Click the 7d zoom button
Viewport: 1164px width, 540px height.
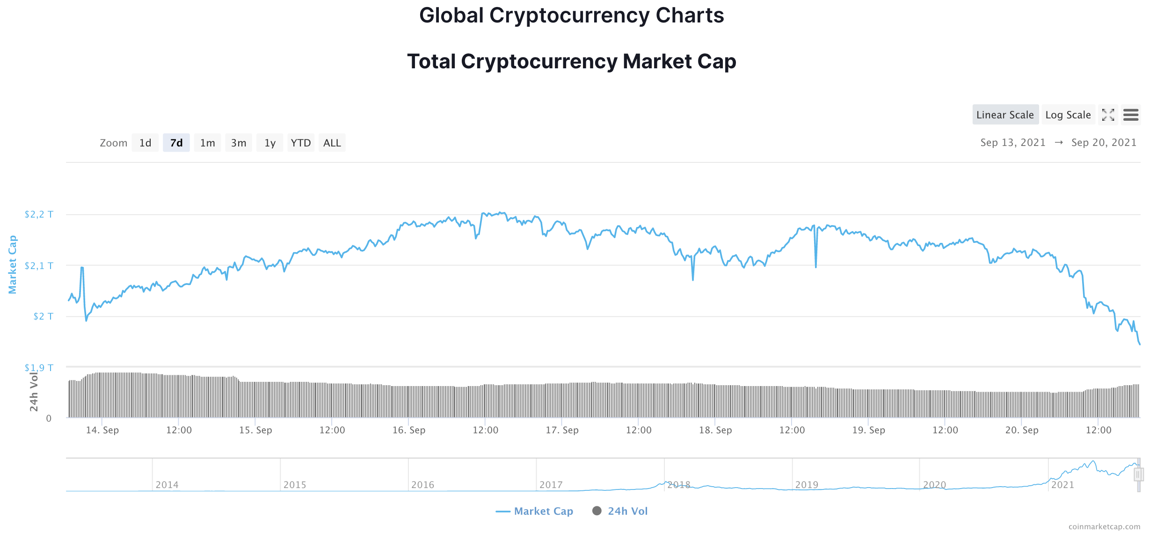point(176,143)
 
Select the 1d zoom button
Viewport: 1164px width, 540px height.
point(145,143)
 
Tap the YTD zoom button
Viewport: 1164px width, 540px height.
point(300,143)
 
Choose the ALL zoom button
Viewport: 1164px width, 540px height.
point(332,143)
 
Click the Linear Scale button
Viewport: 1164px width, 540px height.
point(1005,115)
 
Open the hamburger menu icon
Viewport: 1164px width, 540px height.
point(1130,115)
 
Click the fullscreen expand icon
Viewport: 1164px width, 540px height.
point(1108,115)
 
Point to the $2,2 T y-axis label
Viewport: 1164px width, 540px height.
point(39,214)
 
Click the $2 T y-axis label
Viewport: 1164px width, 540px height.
point(43,316)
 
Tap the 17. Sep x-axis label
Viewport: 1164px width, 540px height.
point(562,430)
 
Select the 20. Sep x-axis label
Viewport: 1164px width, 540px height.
point(1022,430)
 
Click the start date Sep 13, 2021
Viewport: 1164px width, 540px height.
point(1012,143)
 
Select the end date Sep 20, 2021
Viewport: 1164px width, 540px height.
point(1104,143)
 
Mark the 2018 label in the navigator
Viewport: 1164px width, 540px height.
point(679,485)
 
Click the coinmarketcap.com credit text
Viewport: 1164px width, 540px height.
point(1104,526)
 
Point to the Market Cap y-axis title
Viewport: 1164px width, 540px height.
point(13,264)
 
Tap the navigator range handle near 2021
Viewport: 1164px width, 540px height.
point(1138,474)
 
